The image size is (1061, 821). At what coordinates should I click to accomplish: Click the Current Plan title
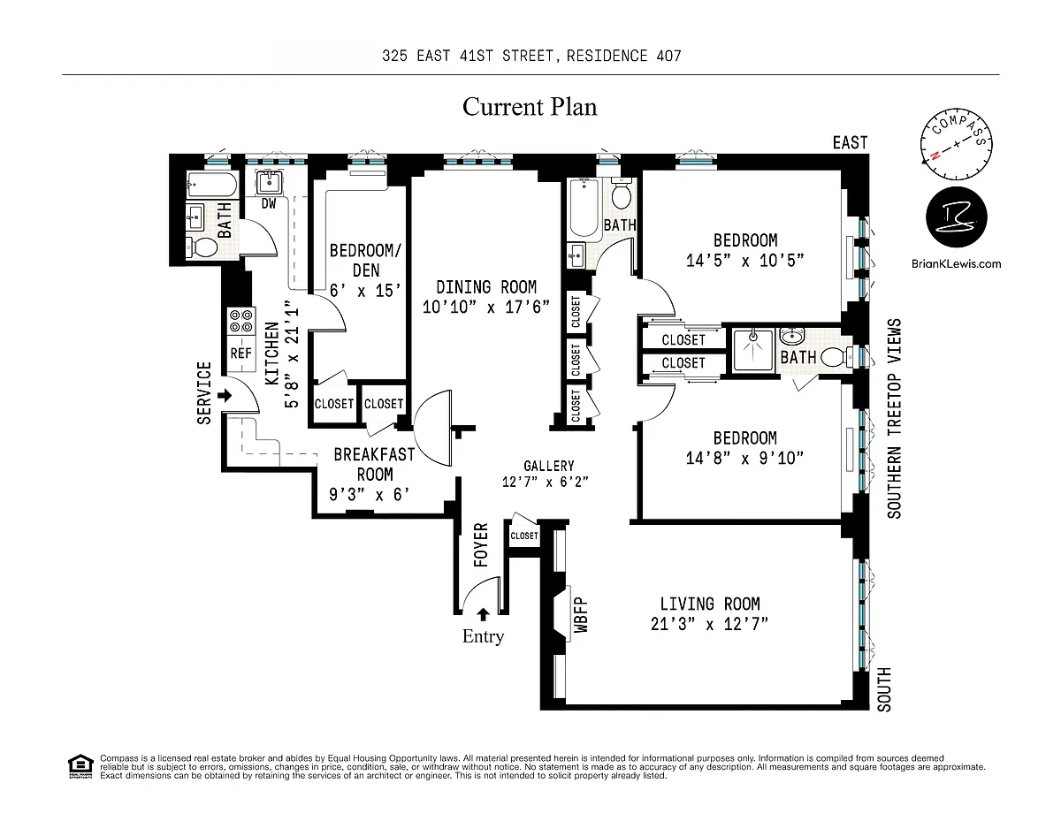[530, 108]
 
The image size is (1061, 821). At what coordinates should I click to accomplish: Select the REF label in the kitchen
[241, 353]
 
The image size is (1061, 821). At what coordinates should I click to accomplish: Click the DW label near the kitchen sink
[269, 203]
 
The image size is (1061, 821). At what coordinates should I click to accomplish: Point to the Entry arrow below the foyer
[483, 615]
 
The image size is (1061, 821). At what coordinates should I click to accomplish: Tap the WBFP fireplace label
[581, 619]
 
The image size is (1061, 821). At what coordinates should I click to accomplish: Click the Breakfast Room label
[374, 464]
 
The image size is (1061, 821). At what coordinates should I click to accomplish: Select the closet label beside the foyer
[523, 536]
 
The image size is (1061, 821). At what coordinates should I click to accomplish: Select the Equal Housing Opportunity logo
[80, 766]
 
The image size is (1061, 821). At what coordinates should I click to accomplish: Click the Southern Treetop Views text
[895, 418]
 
